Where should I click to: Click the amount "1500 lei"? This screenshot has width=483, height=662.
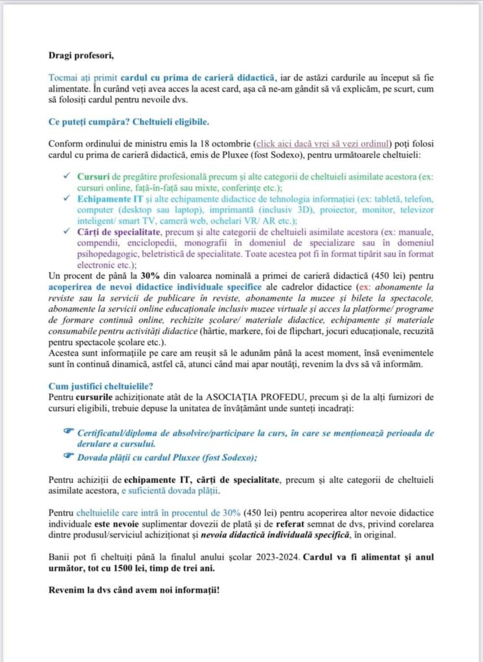(x=151, y=568)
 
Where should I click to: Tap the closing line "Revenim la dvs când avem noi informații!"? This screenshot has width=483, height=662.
(x=134, y=591)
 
